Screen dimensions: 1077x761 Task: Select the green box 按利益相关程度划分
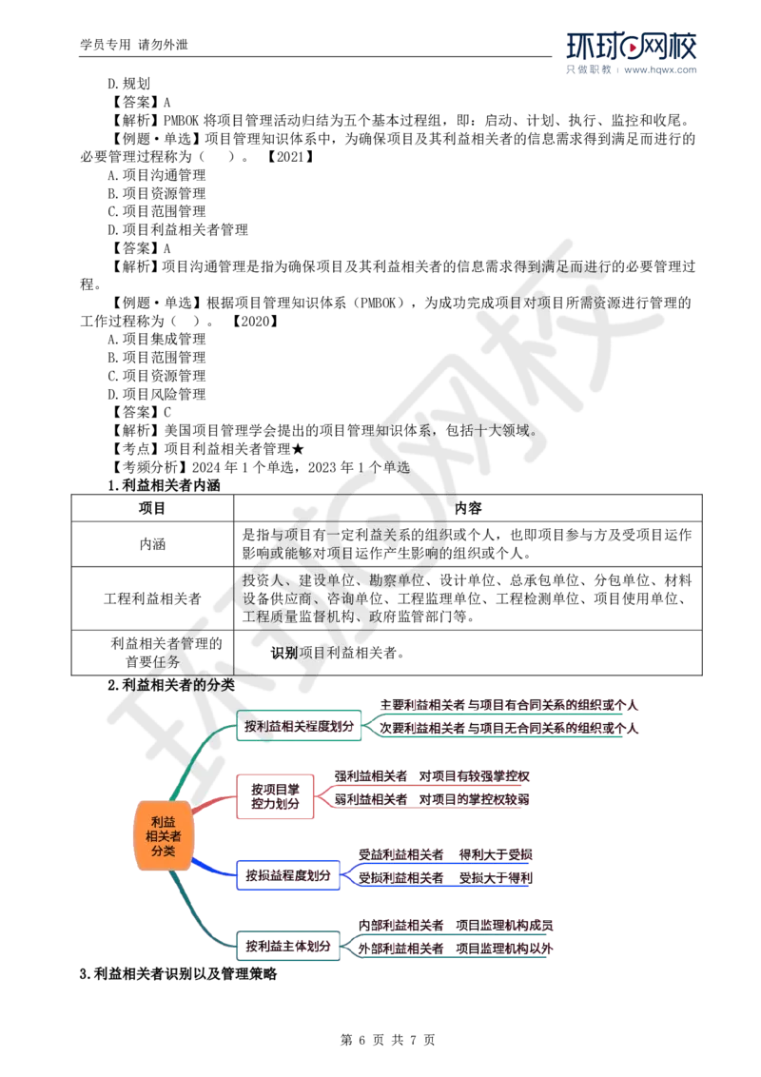pos(300,726)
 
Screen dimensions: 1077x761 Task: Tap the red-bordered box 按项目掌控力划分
pos(275,796)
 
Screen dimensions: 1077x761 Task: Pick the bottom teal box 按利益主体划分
pos(288,947)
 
